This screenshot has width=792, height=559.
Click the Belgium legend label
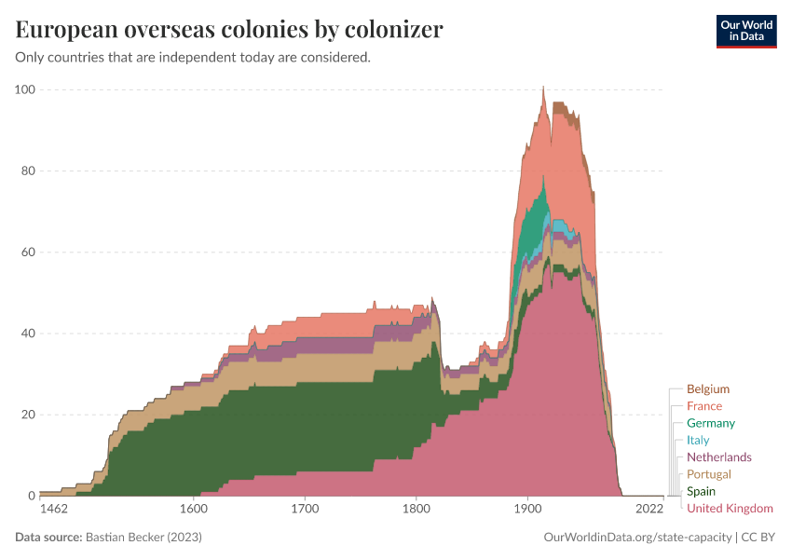pyautogui.click(x=707, y=389)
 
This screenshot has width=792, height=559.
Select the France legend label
pyautogui.click(x=703, y=406)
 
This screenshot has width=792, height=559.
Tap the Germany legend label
pyautogui.click(x=710, y=423)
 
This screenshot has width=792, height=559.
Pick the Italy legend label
pyautogui.click(x=698, y=440)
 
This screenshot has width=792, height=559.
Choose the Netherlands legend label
pyautogui.click(x=718, y=457)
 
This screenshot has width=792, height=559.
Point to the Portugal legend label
pyautogui.click(x=708, y=474)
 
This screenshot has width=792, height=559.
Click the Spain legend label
pyautogui.click(x=701, y=491)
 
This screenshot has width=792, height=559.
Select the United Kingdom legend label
pyautogui.click(x=730, y=508)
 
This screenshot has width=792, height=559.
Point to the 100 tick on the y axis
pyautogui.click(x=25, y=89)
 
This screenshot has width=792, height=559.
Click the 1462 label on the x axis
pyautogui.click(x=55, y=510)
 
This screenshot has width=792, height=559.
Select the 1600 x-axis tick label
pyautogui.click(x=193, y=510)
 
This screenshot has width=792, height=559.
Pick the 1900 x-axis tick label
pyautogui.click(x=528, y=510)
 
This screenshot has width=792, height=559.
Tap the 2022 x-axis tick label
pyautogui.click(x=649, y=510)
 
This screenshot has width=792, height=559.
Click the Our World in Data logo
pyautogui.click(x=745, y=32)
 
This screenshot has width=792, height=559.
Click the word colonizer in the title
pyautogui.click(x=380, y=30)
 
